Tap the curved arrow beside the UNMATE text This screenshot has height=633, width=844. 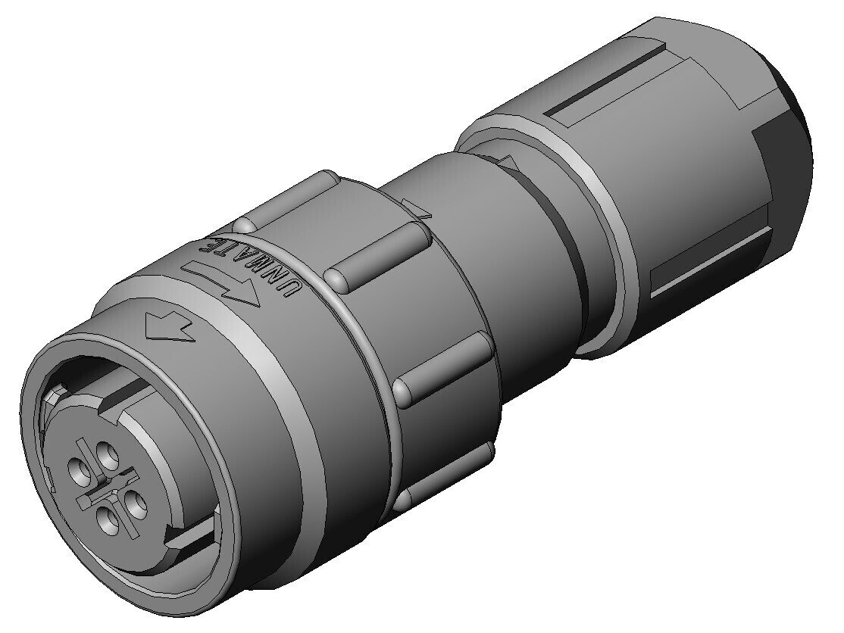(220, 282)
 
